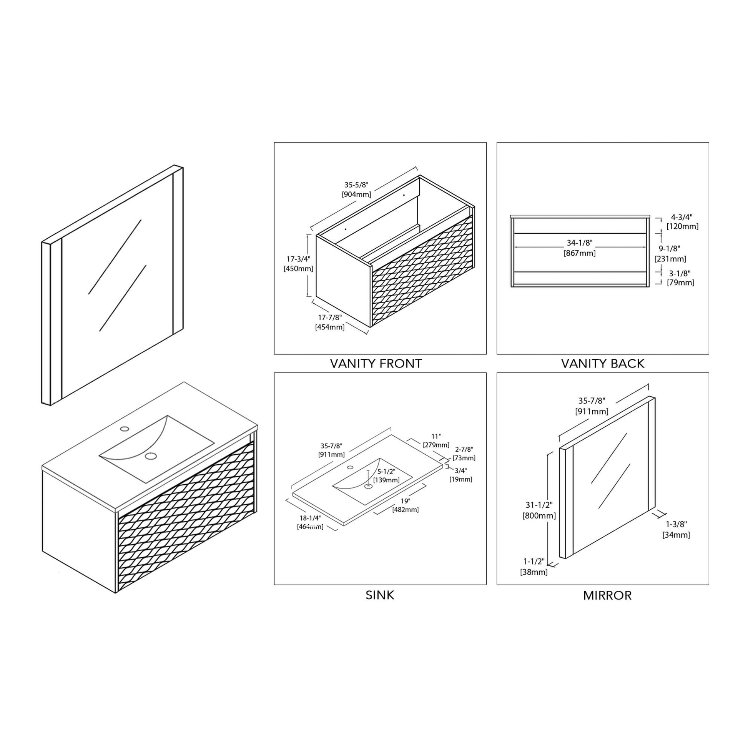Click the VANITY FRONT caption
click(376, 364)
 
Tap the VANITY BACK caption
click(603, 364)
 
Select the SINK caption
click(380, 595)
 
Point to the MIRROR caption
click(607, 595)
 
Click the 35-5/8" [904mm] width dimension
click(357, 190)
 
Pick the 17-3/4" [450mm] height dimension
click(299, 264)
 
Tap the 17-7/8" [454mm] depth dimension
click(330, 322)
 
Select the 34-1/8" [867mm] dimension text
click(580, 248)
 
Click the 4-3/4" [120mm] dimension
click(682, 221)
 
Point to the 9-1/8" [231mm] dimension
click(670, 254)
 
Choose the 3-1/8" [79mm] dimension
click(680, 278)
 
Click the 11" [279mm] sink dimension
click(436, 440)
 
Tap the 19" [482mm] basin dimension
click(406, 505)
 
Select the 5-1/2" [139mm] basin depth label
click(386, 476)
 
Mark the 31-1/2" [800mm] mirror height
click(539, 510)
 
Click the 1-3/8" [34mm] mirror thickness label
click(676, 529)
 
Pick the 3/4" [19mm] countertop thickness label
click(461, 475)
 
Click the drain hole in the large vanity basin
click(151, 456)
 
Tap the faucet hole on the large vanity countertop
click(125, 429)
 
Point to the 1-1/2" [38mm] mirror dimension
click(534, 567)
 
